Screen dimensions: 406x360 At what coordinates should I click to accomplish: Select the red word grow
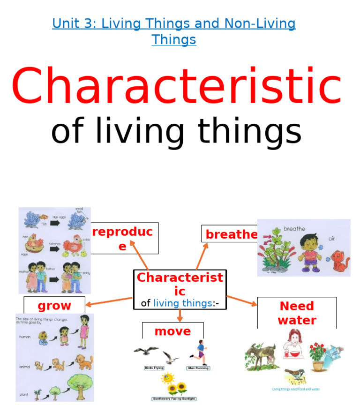click(x=54, y=306)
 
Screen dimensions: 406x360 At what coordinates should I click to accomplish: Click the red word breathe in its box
click(x=232, y=234)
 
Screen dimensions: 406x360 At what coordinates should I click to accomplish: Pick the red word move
click(x=172, y=331)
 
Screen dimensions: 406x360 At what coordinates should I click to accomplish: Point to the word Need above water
click(x=297, y=306)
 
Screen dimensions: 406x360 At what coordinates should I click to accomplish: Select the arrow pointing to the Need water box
click(x=242, y=301)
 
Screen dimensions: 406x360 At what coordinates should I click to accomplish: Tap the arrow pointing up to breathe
click(x=202, y=256)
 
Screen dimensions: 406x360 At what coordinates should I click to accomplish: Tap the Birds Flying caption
click(x=154, y=368)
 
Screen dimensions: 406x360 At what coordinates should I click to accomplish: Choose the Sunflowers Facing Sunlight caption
click(x=174, y=399)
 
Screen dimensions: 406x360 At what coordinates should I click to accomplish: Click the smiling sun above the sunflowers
click(x=167, y=377)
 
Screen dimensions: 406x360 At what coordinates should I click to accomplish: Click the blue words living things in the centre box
click(x=182, y=303)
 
